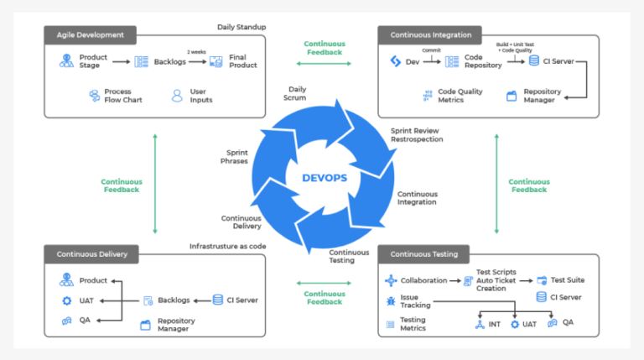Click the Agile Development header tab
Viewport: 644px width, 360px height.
(x=90, y=34)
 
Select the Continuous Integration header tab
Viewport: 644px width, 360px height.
(x=430, y=34)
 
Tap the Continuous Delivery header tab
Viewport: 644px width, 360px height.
(x=90, y=254)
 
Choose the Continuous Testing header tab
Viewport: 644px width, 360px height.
(x=423, y=254)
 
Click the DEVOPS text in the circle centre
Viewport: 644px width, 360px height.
(x=325, y=178)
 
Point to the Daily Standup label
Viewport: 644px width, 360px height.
(x=241, y=27)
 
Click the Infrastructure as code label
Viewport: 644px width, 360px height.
(x=227, y=246)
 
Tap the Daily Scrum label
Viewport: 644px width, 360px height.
(x=297, y=94)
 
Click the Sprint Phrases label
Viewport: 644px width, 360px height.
(x=236, y=157)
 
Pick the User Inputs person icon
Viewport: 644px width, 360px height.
(x=177, y=96)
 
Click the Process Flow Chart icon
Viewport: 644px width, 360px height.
(x=94, y=96)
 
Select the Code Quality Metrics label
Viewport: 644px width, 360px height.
(x=460, y=96)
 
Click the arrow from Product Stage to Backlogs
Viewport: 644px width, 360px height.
(x=121, y=61)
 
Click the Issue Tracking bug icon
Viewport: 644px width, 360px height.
(x=391, y=300)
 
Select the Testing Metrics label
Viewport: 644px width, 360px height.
(x=413, y=324)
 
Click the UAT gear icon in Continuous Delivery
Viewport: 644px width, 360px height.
(x=66, y=300)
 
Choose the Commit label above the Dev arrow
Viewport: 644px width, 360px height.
(x=431, y=50)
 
